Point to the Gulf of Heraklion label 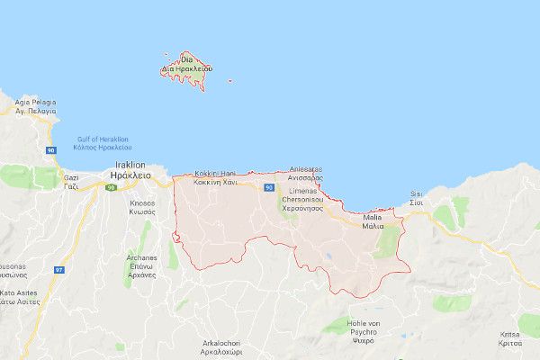(x=103, y=143)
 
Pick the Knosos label (x=140, y=207)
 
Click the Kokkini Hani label (x=215, y=176)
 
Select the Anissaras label (x=311, y=173)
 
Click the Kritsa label (x=509, y=338)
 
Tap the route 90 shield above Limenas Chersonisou (x=269, y=187)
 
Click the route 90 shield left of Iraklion (x=110, y=187)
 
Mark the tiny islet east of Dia (x=230, y=81)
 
